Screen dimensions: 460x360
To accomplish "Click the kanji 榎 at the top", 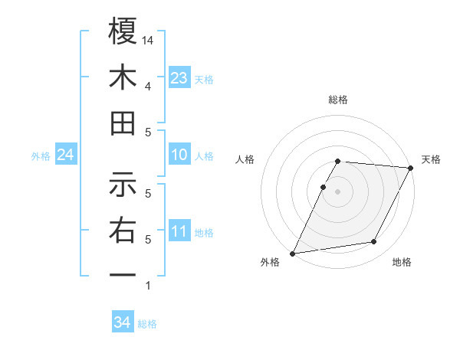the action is tap(123, 33).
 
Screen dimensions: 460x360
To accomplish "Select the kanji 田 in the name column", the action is tap(123, 123).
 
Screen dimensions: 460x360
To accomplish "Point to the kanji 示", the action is tap(123, 184).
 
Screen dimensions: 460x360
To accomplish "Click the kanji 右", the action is tap(123, 230).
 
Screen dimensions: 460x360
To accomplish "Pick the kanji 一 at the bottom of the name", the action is tap(123, 274).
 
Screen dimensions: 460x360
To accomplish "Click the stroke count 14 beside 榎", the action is tap(149, 40).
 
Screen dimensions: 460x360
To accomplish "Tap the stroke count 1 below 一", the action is tap(147, 286).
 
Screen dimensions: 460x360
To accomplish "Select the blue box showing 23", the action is tap(179, 78).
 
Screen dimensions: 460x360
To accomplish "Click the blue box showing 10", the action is tap(179, 155).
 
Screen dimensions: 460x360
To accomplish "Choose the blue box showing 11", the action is tap(179, 231).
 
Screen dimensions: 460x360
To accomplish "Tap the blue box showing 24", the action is tap(65, 155).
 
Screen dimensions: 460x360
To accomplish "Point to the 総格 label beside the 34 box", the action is tap(147, 324).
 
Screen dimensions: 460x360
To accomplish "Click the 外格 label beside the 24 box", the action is tap(41, 156).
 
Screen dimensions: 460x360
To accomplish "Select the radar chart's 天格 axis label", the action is tap(431, 159).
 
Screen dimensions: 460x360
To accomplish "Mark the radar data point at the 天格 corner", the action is tap(412, 168).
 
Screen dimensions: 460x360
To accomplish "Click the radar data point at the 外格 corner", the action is tap(293, 254).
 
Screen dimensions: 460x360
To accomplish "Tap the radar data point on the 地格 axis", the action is tap(374, 242).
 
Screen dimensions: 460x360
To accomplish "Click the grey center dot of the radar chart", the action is tap(337, 191).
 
